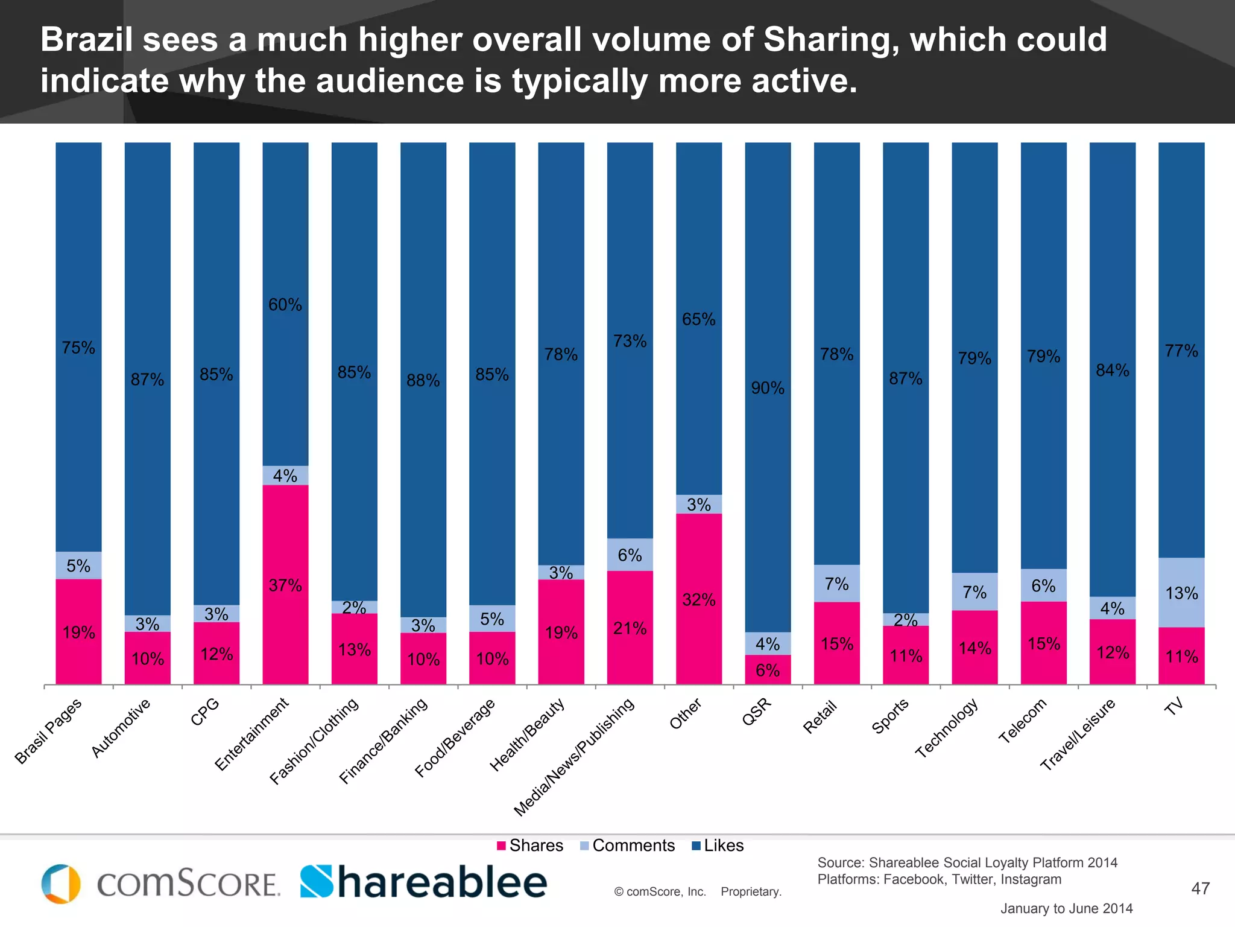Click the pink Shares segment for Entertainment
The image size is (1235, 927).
[285, 584]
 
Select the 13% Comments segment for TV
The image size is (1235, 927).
[1181, 593]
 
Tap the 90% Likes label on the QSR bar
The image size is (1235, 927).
[768, 388]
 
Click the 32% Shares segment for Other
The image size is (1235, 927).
[699, 599]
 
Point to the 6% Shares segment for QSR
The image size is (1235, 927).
[768, 670]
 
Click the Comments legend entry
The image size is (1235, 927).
[627, 846]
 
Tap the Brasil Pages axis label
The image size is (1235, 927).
[48, 731]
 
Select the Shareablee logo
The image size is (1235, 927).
[423, 882]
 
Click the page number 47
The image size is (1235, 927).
[1200, 888]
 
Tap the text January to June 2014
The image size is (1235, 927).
[1066, 908]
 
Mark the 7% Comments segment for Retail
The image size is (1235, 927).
[836, 584]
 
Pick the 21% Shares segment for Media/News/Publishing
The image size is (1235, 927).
[630, 628]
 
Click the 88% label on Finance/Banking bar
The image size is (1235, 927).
[423, 380]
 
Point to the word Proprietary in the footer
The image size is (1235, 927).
[751, 892]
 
